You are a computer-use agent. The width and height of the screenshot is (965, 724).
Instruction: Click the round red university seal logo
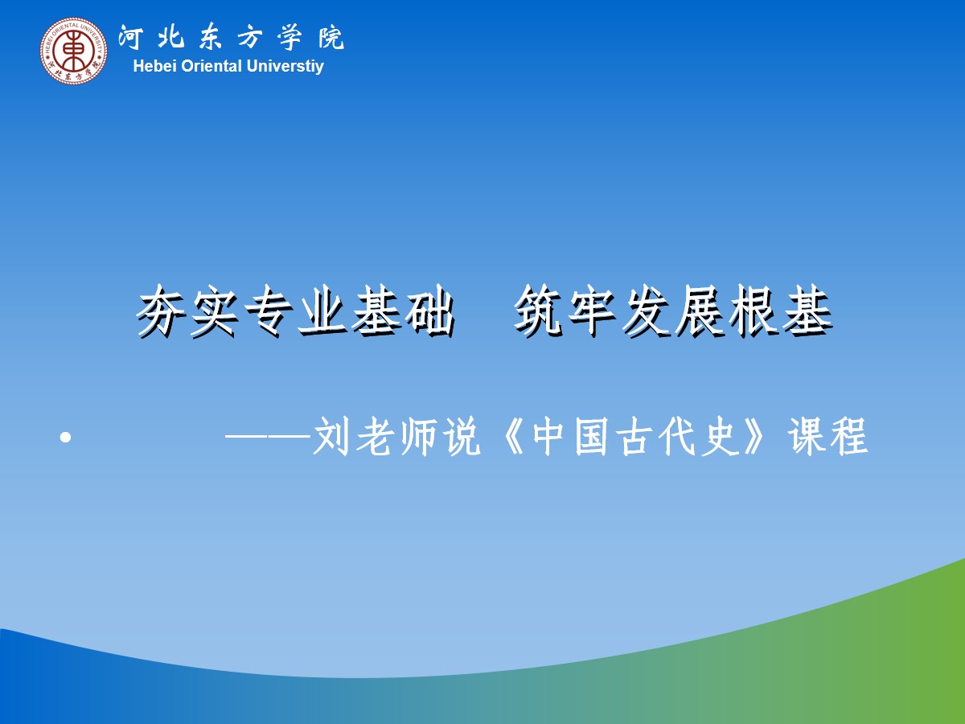coord(73,51)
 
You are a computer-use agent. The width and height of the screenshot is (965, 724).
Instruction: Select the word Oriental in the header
coord(211,67)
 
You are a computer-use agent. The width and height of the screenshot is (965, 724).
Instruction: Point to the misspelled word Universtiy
coord(285,67)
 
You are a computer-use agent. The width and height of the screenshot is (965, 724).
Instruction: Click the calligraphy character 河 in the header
coord(131,37)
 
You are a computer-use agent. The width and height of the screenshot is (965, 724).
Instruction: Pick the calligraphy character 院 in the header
coord(331,38)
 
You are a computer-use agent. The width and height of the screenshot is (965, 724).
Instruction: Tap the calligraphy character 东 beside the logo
coord(211,38)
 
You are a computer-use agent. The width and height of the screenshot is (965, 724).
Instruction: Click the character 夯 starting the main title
coord(162,311)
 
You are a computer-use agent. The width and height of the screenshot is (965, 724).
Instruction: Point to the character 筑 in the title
coord(539,311)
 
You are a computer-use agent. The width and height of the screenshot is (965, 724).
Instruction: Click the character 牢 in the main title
coord(592,311)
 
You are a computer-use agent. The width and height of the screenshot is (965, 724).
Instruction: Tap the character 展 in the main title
coord(700,311)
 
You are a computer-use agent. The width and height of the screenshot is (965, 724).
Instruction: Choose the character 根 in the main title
coord(754,311)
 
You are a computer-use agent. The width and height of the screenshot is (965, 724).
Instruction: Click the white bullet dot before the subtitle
coord(65,438)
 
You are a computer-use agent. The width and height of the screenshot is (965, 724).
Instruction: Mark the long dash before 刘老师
coord(268,437)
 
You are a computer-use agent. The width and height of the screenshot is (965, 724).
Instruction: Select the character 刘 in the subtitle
coord(333,437)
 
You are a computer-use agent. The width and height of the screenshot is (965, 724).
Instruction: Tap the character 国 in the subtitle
coord(591,437)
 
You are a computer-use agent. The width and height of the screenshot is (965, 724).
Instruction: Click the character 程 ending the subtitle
coord(848,437)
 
